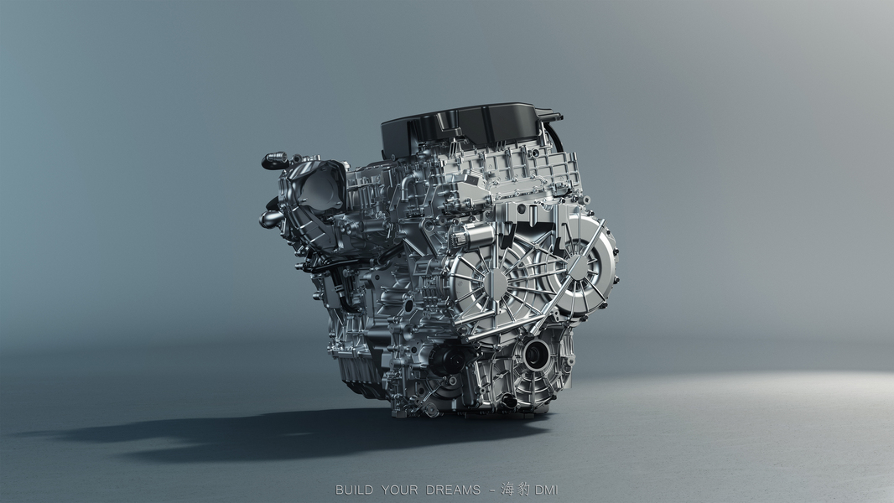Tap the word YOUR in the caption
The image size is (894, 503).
click(399, 490)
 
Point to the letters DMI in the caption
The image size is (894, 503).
click(546, 490)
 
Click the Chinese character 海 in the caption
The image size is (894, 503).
click(508, 490)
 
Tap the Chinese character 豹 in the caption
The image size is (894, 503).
click(523, 490)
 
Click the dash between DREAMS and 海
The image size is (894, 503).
click(492, 490)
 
